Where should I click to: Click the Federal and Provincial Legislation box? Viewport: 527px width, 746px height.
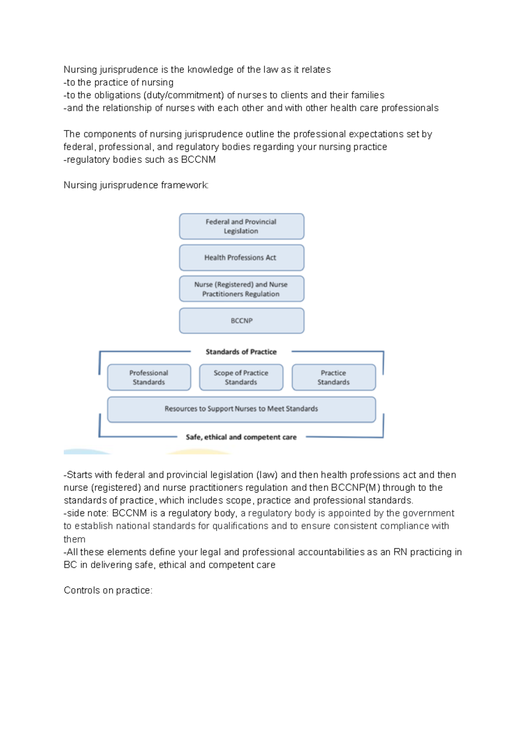click(x=242, y=226)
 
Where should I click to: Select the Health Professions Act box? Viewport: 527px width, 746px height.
click(x=242, y=257)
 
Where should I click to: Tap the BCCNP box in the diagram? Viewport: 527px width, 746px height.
click(x=242, y=321)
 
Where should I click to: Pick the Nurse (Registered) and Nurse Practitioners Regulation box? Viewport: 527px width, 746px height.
click(x=242, y=289)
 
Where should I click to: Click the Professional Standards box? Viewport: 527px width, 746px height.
click(x=149, y=377)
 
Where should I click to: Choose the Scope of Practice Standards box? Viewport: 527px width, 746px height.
click(x=241, y=377)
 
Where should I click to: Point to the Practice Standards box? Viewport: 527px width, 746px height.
click(x=334, y=377)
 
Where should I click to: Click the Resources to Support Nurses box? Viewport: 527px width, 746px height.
click(x=242, y=409)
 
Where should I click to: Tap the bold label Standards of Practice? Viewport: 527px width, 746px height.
click(x=241, y=352)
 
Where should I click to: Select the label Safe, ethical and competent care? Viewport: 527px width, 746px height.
click(x=241, y=437)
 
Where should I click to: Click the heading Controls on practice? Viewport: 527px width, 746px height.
click(x=108, y=590)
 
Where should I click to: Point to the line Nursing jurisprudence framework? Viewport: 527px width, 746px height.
click(x=136, y=185)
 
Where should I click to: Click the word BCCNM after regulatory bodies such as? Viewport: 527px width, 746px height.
click(x=198, y=160)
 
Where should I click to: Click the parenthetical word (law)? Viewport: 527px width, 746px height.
click(x=267, y=475)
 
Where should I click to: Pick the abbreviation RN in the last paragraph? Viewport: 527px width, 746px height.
click(x=400, y=552)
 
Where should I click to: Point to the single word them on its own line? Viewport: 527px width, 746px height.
click(x=74, y=540)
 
